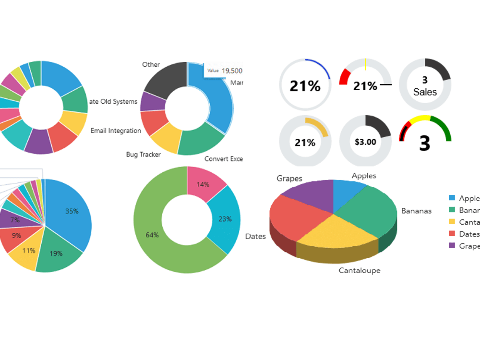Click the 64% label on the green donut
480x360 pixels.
pyautogui.click(x=152, y=235)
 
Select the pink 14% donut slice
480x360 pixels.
pyautogui.click(x=204, y=182)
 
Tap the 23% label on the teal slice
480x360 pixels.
pyautogui.click(x=225, y=219)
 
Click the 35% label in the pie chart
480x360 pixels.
pyautogui.click(x=72, y=211)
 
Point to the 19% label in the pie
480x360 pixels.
pyautogui.click(x=56, y=253)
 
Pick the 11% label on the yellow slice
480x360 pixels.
pyautogui.click(x=29, y=250)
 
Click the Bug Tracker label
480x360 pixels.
pyautogui.click(x=143, y=155)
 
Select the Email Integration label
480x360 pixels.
pyautogui.click(x=116, y=131)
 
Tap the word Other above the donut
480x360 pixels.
pyautogui.click(x=151, y=64)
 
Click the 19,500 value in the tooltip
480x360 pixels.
pyautogui.click(x=232, y=70)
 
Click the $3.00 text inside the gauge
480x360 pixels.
pyautogui.click(x=365, y=142)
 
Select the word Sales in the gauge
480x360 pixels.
pyautogui.click(x=425, y=92)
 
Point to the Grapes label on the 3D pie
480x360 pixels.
pyautogui.click(x=289, y=179)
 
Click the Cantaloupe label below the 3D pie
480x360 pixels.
pyautogui.click(x=359, y=270)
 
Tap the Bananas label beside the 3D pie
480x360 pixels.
pyautogui.click(x=416, y=211)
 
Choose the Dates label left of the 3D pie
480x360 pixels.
pyautogui.click(x=255, y=236)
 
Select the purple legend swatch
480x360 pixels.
pyautogui.click(x=452, y=246)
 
